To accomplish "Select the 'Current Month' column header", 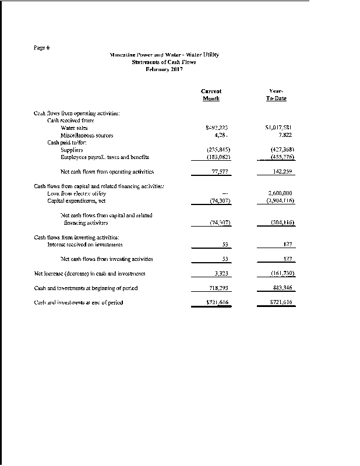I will (x=211, y=95).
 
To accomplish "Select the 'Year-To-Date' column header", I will (x=277, y=95).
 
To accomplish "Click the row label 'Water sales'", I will (x=74, y=128).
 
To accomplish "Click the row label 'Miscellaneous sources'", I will (x=87, y=135).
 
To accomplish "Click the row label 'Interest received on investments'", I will (x=84, y=245).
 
